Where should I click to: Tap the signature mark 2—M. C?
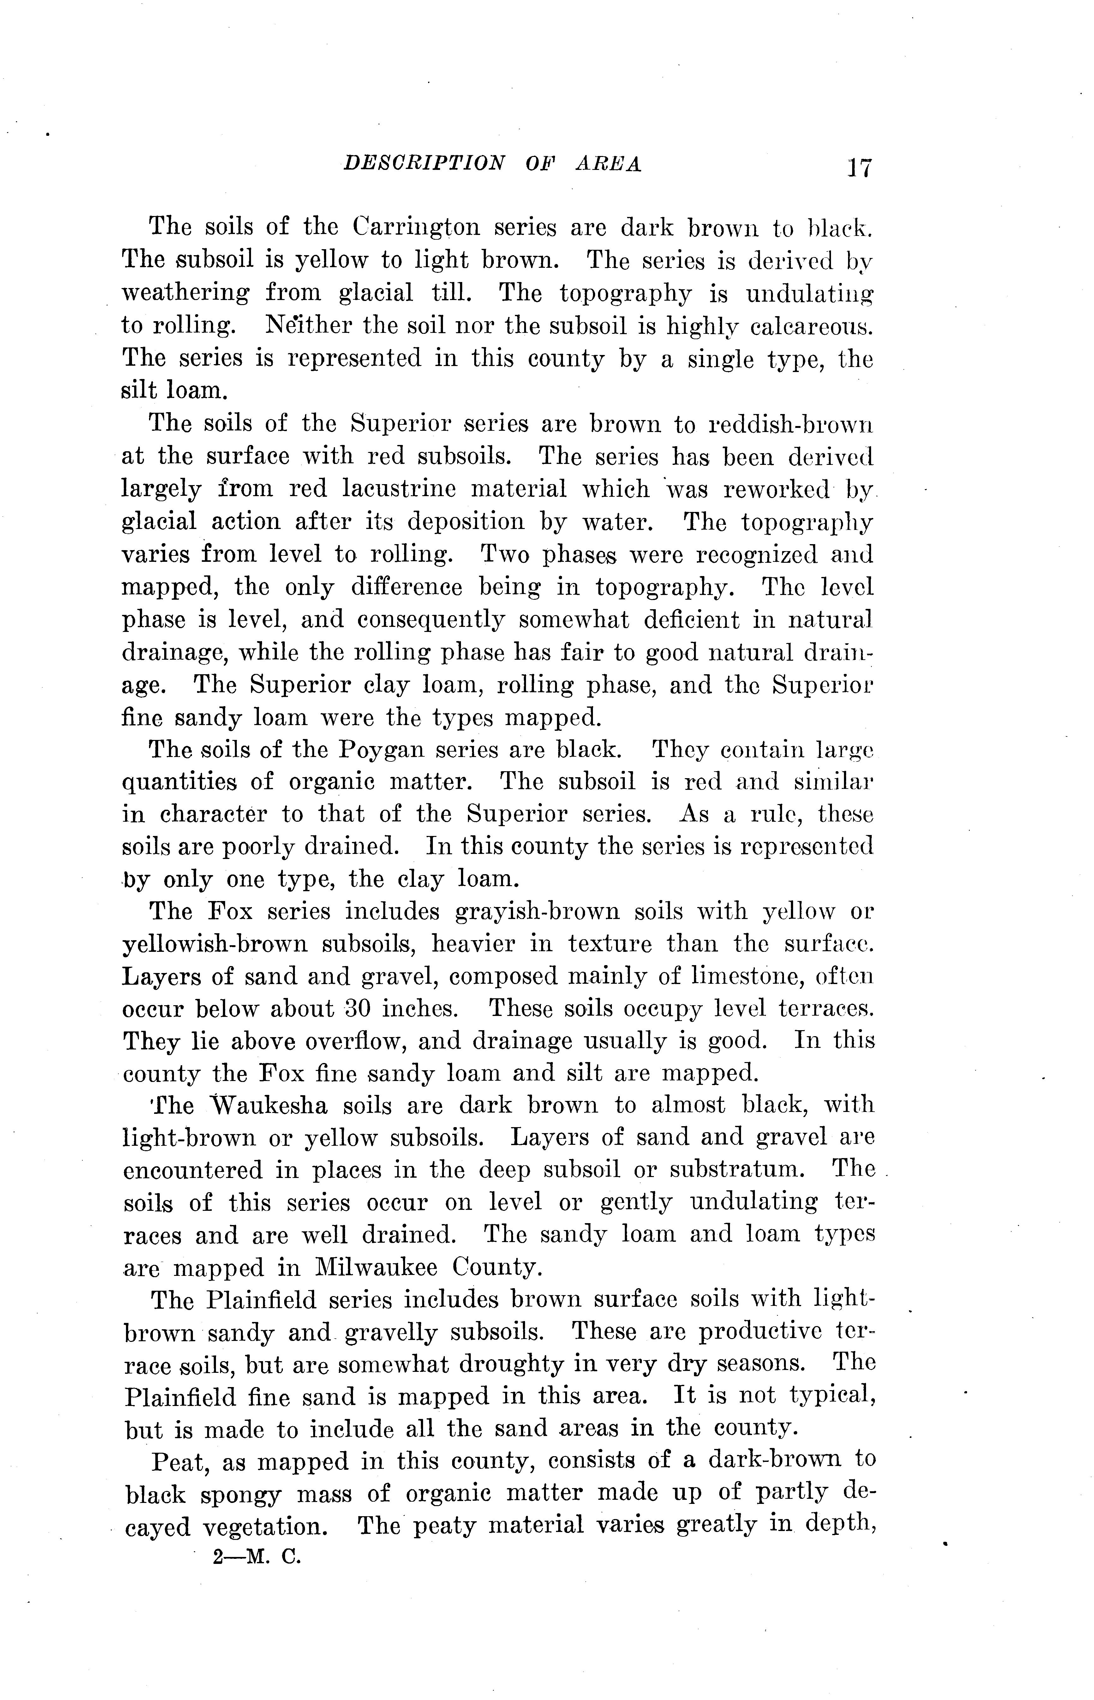(257, 1558)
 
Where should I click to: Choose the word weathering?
(186, 293)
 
